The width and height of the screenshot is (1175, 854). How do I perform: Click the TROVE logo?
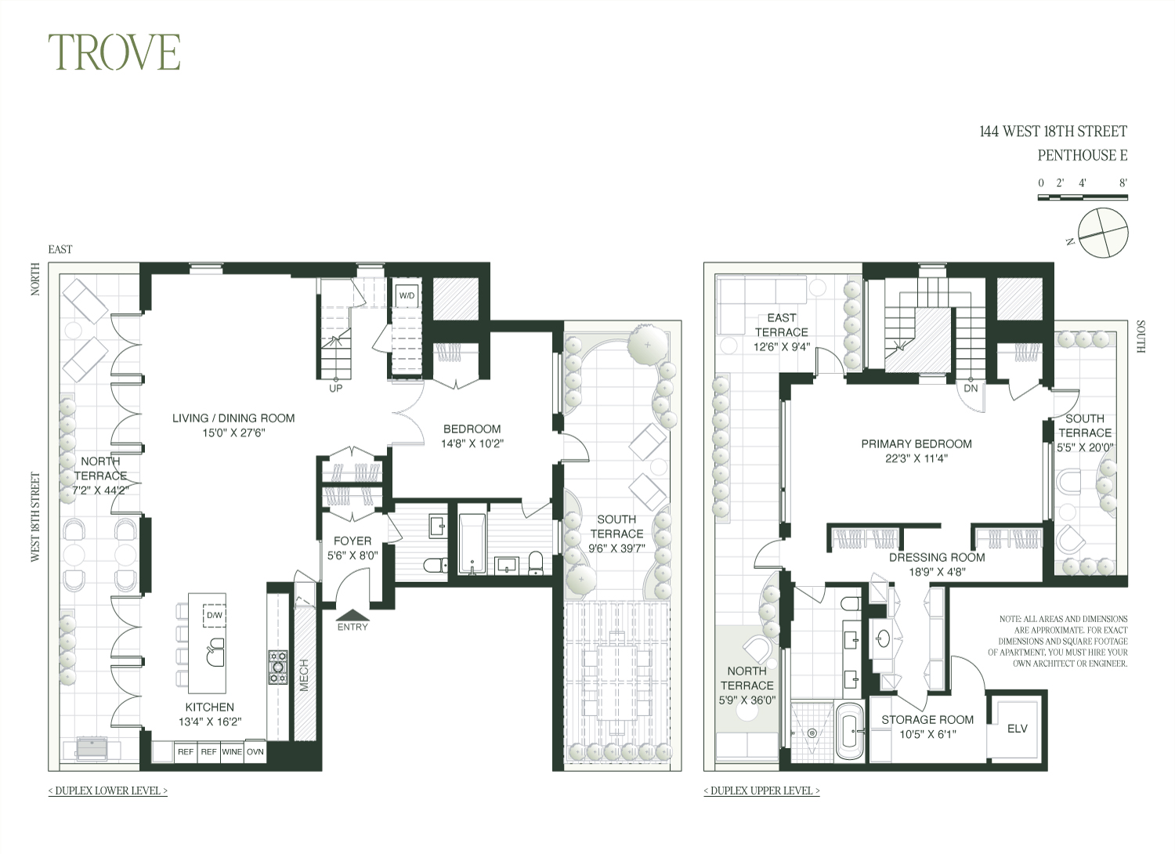(x=114, y=52)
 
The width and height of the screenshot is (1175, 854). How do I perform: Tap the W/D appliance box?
(x=407, y=296)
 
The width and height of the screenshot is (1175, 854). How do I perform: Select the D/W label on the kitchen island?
(x=214, y=615)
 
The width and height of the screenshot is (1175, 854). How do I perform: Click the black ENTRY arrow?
(x=352, y=615)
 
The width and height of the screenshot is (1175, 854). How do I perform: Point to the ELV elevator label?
(x=1017, y=729)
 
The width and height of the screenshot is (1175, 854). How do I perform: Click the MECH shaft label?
(x=304, y=675)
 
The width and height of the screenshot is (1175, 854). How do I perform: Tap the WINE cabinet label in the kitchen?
(x=232, y=751)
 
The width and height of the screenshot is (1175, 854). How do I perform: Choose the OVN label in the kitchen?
(x=255, y=751)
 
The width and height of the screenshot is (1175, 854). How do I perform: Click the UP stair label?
(x=336, y=388)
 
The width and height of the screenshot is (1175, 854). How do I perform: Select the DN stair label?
(x=971, y=388)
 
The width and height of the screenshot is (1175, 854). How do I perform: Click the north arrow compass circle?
(x=1103, y=233)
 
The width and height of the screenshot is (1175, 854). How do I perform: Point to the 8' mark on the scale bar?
(x=1123, y=183)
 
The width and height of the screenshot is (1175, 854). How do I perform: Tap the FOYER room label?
(x=352, y=541)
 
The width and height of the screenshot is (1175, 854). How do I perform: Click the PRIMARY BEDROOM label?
(x=916, y=443)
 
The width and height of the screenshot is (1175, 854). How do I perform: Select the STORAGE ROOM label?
(x=927, y=720)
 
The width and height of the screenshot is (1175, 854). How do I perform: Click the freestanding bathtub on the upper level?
(x=850, y=731)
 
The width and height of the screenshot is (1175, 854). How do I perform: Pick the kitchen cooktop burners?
(x=278, y=668)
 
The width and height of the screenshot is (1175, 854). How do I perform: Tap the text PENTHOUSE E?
(x=1082, y=155)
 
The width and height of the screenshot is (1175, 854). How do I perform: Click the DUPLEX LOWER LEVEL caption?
(x=108, y=791)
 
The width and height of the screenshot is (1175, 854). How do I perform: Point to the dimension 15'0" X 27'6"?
(x=234, y=432)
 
